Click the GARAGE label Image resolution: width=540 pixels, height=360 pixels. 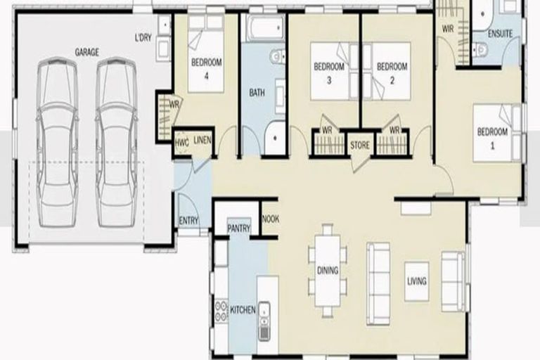pos(87,52)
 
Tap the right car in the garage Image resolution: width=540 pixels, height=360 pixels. pos(117,142)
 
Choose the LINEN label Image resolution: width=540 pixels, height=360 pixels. pos(202,139)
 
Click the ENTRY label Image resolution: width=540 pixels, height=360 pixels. pos(188,221)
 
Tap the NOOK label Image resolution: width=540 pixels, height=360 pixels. pos(271,219)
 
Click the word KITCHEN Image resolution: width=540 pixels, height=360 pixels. pos(242,310)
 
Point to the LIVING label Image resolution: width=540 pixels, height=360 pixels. pos(417,282)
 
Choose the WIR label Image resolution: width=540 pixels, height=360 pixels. pos(448,29)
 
